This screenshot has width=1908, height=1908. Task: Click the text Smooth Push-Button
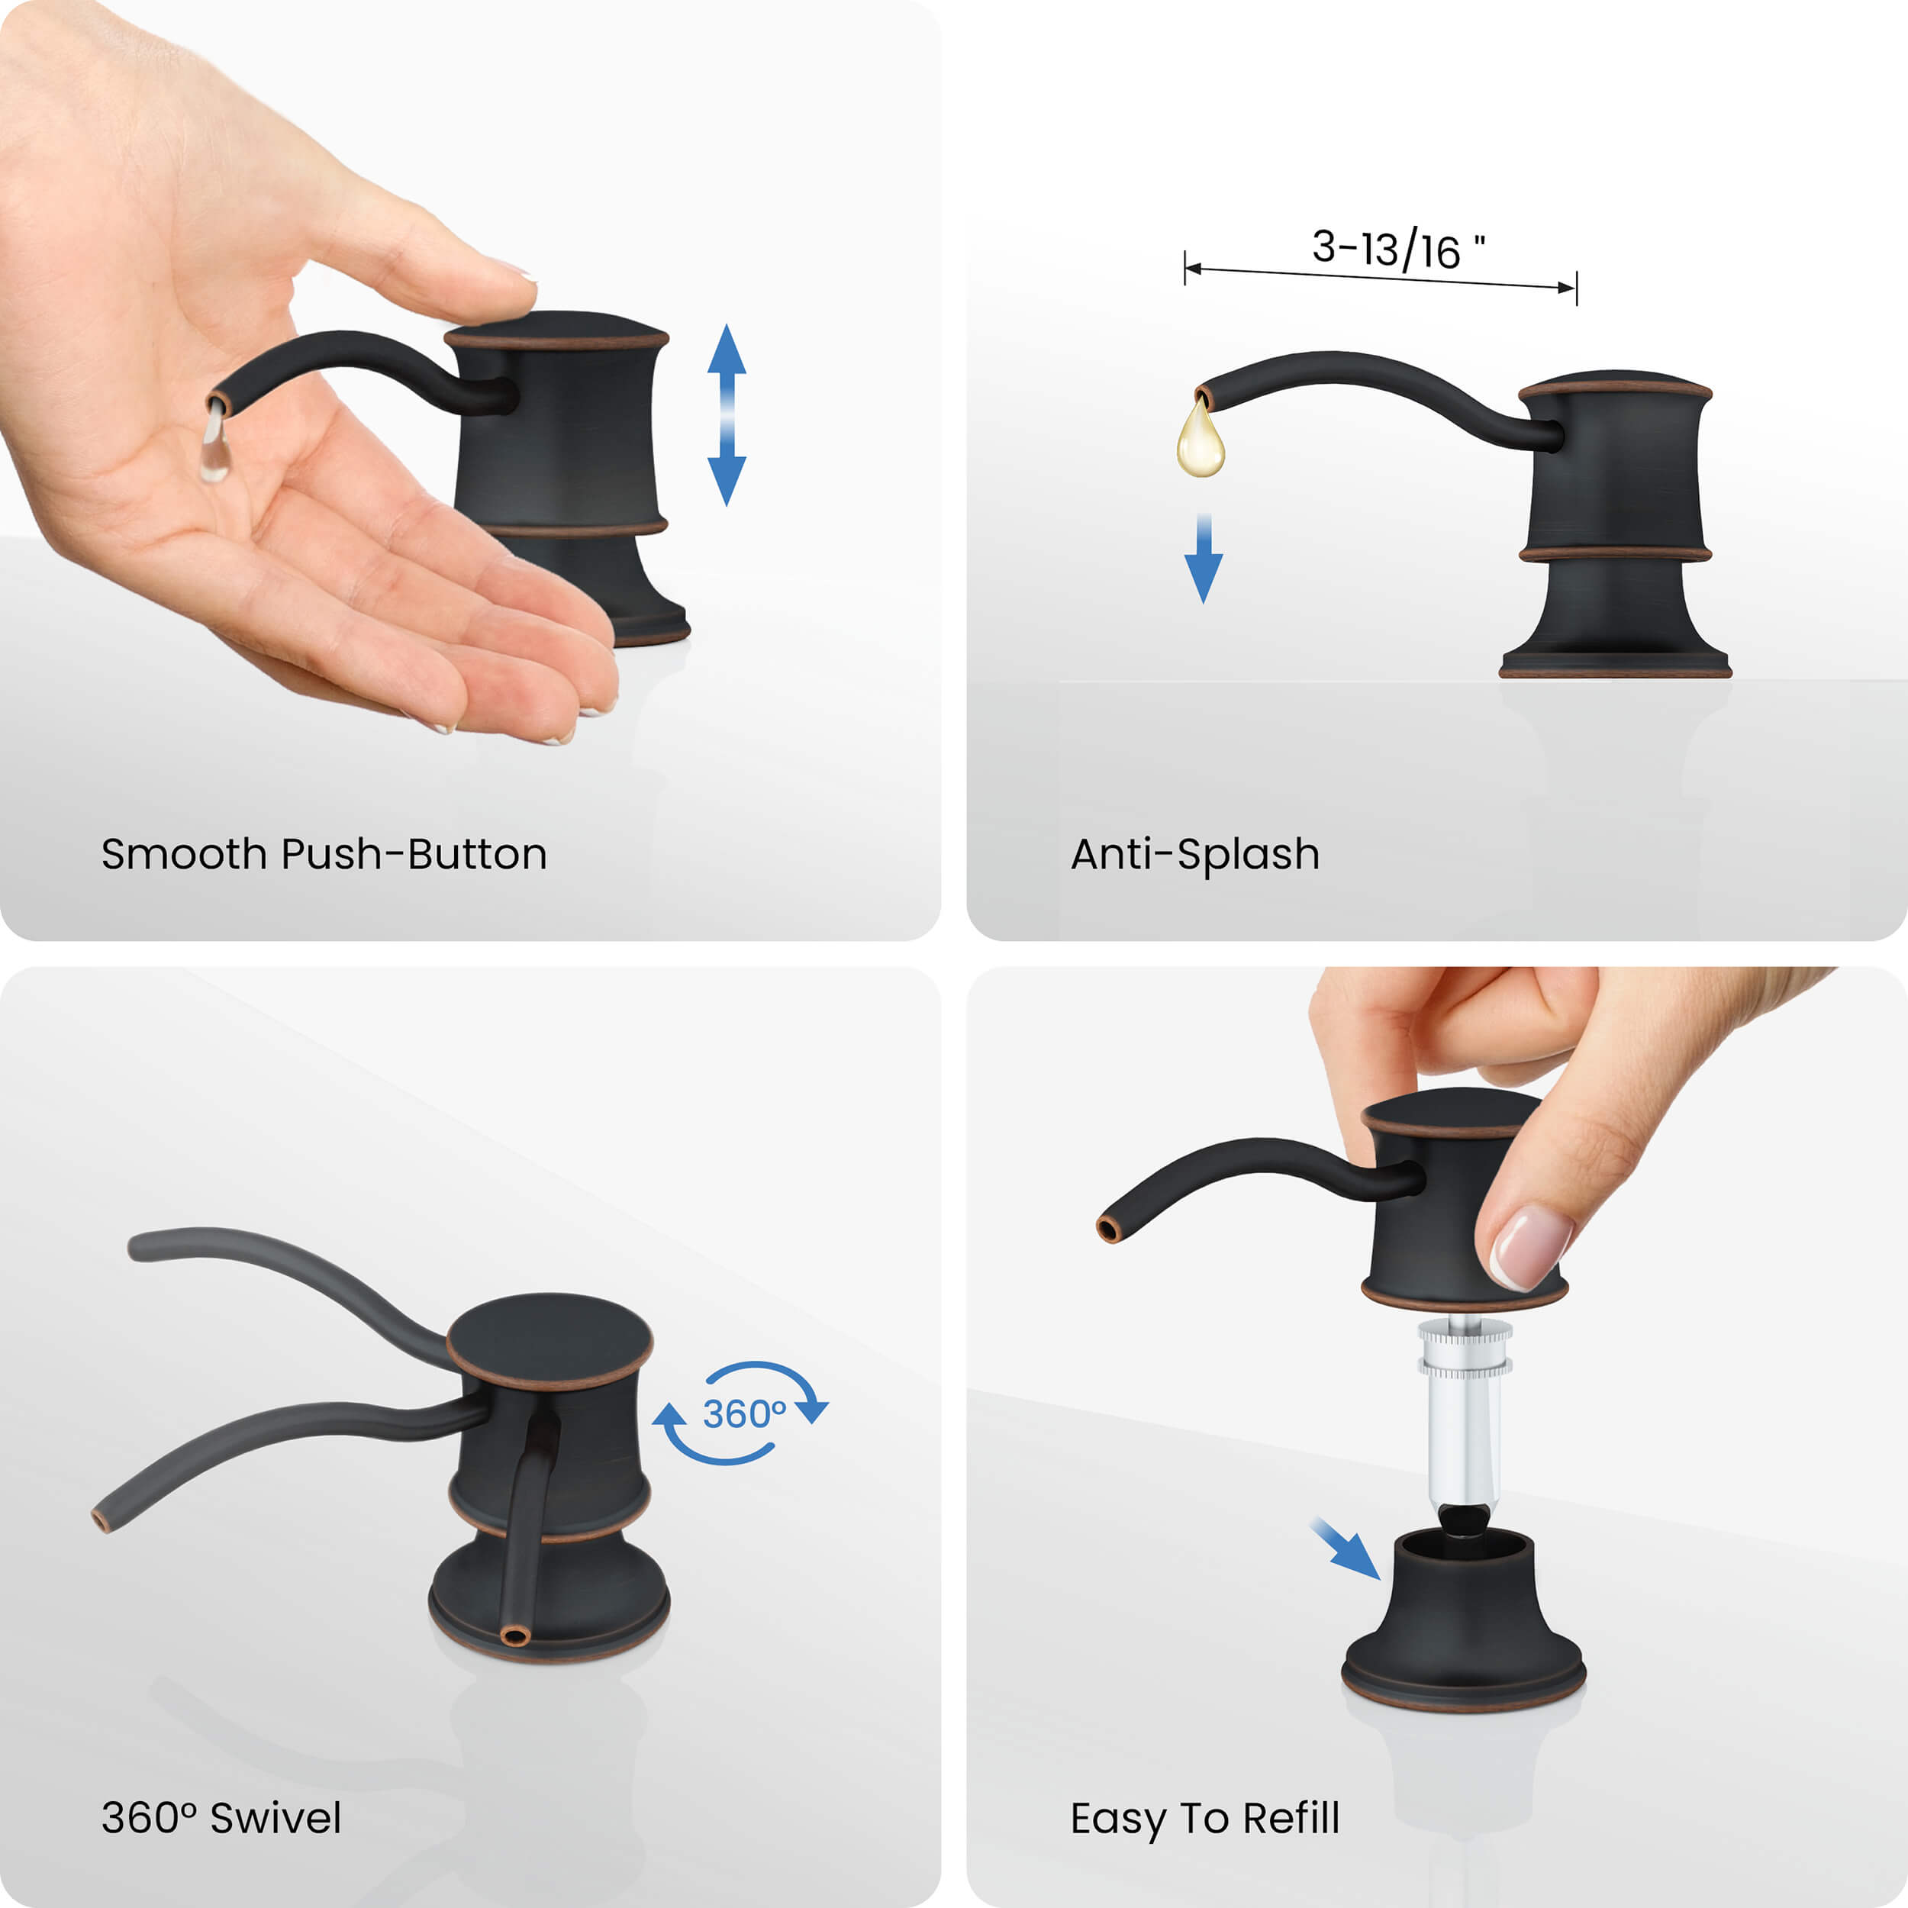point(324,854)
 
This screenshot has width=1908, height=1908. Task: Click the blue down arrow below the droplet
point(1203,558)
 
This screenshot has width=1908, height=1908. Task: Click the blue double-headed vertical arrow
point(727,414)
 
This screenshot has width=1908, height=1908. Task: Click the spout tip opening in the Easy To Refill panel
point(1109,1230)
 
